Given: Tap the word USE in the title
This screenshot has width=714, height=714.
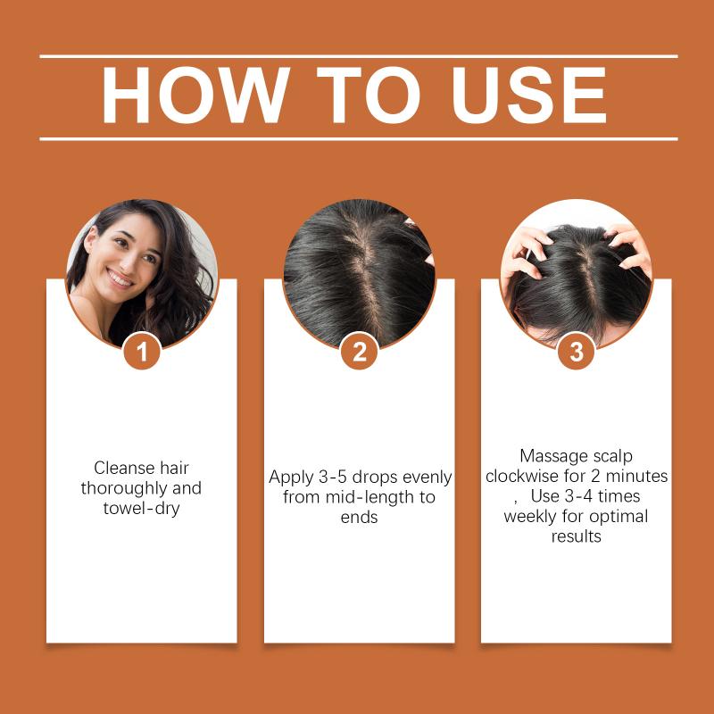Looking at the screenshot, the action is click(529, 95).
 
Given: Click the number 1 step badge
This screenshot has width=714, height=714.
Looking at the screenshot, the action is click(142, 352).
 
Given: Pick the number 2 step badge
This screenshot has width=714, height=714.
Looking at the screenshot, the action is click(360, 352).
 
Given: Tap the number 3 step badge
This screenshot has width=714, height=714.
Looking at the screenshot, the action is click(576, 352).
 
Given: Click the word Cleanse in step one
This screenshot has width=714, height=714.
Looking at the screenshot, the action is click(124, 468).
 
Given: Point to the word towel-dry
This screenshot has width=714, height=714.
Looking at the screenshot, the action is click(142, 508).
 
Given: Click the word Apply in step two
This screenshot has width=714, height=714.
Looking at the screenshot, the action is click(290, 478).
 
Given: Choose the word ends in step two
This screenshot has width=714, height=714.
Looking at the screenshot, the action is click(360, 518).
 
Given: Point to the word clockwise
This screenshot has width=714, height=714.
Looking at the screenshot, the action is click(522, 477).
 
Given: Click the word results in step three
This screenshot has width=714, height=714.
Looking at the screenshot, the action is click(576, 536).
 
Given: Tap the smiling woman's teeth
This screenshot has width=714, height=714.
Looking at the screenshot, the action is click(120, 278).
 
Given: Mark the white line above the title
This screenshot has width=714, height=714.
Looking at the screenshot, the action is click(359, 56).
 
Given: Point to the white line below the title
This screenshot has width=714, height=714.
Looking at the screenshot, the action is click(359, 139).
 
